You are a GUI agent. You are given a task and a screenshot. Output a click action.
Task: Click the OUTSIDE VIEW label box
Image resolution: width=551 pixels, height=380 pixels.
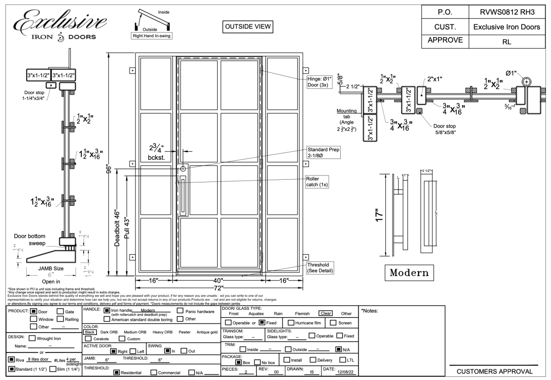click(x=247, y=27)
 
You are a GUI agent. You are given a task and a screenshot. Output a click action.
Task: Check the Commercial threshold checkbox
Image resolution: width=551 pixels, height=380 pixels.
click(x=155, y=372)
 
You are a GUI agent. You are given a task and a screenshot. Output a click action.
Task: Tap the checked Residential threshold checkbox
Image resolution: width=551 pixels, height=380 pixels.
click(x=117, y=372)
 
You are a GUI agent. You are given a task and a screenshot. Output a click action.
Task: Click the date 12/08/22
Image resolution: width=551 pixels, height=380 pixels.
click(x=342, y=371)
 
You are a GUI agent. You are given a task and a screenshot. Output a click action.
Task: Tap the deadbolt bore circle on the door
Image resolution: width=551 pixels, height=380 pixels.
click(x=183, y=169)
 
